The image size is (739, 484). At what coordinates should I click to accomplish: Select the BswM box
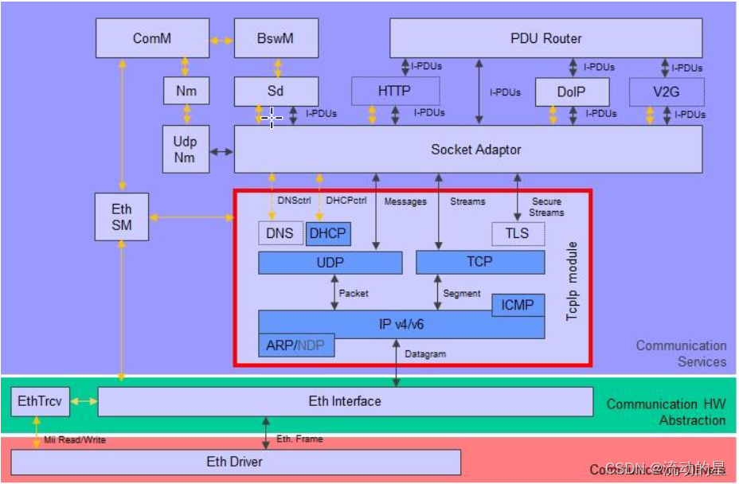pos(276,38)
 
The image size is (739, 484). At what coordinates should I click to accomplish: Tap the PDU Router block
pos(545,38)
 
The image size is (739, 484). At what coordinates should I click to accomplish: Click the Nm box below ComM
pos(186,92)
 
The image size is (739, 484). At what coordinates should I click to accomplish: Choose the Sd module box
pos(276,92)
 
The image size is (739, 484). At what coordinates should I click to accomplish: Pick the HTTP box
pos(394,92)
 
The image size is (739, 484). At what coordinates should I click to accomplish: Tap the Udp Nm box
pos(186,149)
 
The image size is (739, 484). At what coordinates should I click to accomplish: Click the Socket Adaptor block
pos(475,149)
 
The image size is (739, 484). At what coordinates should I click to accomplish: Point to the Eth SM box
pos(121,217)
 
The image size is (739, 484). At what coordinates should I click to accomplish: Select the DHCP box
pos(328,234)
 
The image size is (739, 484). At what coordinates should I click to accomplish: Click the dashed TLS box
pos(518,234)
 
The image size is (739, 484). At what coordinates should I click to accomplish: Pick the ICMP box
pos(518,304)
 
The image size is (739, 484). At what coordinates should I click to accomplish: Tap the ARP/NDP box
pos(296,345)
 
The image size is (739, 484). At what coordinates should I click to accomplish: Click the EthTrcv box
pos(39,401)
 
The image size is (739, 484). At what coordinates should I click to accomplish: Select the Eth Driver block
pos(235,462)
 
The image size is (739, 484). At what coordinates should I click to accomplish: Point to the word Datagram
pos(425,354)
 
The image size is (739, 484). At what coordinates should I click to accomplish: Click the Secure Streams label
pos(546,207)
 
